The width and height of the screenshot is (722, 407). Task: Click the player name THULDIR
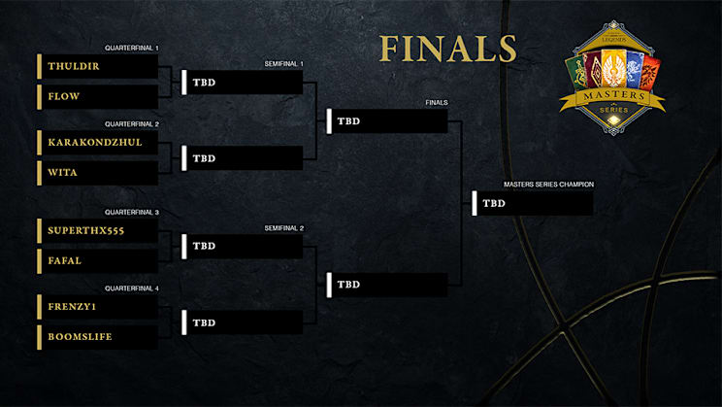74,66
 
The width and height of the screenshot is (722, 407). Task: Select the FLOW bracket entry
63,96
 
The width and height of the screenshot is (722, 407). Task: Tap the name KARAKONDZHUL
95,142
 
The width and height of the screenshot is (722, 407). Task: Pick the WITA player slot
63,172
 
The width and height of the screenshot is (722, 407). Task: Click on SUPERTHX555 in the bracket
86,230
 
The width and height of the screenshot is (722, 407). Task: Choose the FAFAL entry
64,261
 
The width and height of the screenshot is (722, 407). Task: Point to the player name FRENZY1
72,307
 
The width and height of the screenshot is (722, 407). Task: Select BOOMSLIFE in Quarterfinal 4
81,337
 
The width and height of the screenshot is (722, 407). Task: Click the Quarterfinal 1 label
132,48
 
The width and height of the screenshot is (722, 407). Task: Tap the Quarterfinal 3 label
132,212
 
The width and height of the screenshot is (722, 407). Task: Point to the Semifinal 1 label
283,63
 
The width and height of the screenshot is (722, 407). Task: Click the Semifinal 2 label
283,228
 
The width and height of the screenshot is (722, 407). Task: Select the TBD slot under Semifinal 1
243,83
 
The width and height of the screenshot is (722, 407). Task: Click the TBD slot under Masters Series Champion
533,203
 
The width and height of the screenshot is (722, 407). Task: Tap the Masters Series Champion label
548,185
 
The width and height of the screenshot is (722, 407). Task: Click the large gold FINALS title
448,49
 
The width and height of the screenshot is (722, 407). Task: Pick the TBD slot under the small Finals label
387,121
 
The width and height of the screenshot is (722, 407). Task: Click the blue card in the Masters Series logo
636,70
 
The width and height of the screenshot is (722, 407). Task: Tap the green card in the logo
576,73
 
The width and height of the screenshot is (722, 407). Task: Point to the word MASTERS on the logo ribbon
613,95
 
